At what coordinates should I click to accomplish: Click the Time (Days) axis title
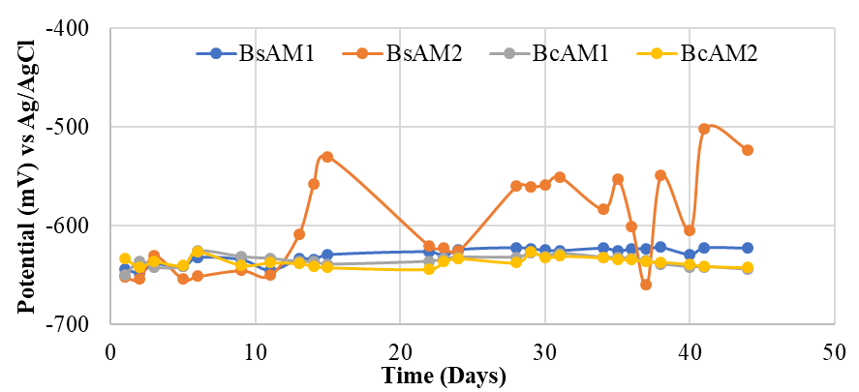tap(444, 376)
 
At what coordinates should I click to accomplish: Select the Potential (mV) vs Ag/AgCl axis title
tap(25, 176)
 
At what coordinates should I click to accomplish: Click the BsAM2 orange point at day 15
tap(327, 157)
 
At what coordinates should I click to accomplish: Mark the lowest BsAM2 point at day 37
tap(646, 285)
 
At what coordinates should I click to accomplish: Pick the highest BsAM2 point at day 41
tap(704, 129)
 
